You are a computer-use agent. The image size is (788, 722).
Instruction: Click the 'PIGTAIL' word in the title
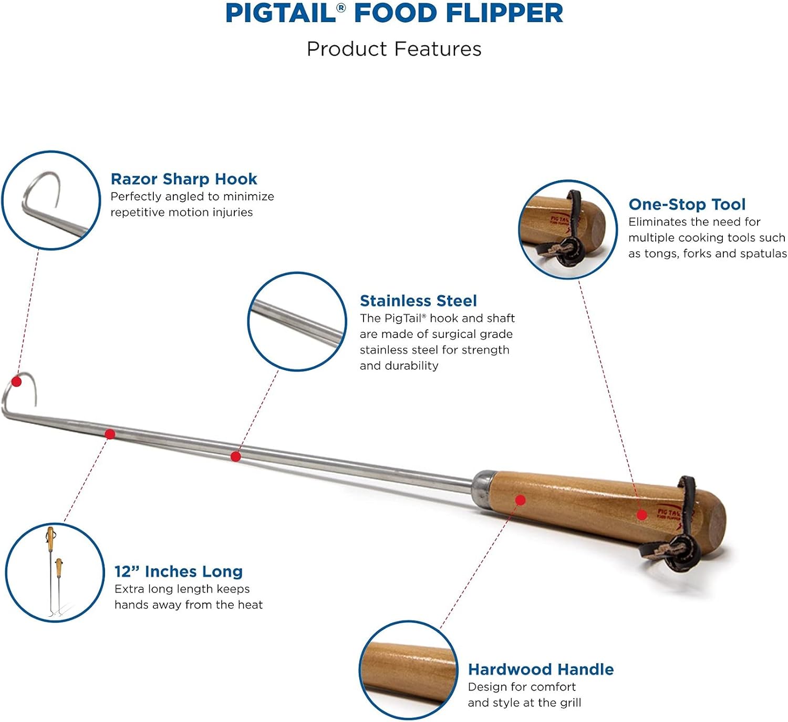281,13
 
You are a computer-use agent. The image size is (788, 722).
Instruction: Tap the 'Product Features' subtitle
394,49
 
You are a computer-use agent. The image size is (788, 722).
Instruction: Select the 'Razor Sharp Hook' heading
184,179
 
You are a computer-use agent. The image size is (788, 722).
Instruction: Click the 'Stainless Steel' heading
418,301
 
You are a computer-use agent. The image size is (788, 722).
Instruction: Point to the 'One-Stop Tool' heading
687,204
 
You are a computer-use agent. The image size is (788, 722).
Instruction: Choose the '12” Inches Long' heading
179,572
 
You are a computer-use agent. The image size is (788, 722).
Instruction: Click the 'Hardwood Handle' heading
541,669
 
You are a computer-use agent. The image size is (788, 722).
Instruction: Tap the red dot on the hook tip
16,381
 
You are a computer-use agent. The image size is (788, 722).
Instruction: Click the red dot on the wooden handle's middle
521,500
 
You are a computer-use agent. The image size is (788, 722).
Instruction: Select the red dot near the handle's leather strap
642,515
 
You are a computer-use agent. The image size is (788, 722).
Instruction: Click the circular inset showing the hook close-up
51,200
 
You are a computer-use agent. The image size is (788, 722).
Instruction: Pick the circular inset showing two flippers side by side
55,573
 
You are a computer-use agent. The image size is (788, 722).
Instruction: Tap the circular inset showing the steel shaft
297,322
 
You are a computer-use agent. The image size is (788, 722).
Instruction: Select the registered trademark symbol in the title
341,7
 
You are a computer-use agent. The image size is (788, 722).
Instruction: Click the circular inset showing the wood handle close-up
409,670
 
